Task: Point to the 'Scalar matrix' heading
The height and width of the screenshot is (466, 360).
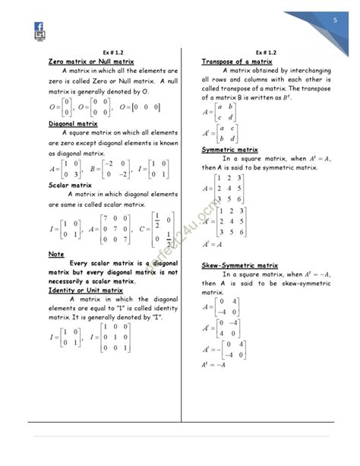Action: (70, 185)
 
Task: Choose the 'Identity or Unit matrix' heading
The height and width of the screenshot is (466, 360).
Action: (85, 290)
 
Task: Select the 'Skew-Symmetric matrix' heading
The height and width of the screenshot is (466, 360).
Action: (239, 265)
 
